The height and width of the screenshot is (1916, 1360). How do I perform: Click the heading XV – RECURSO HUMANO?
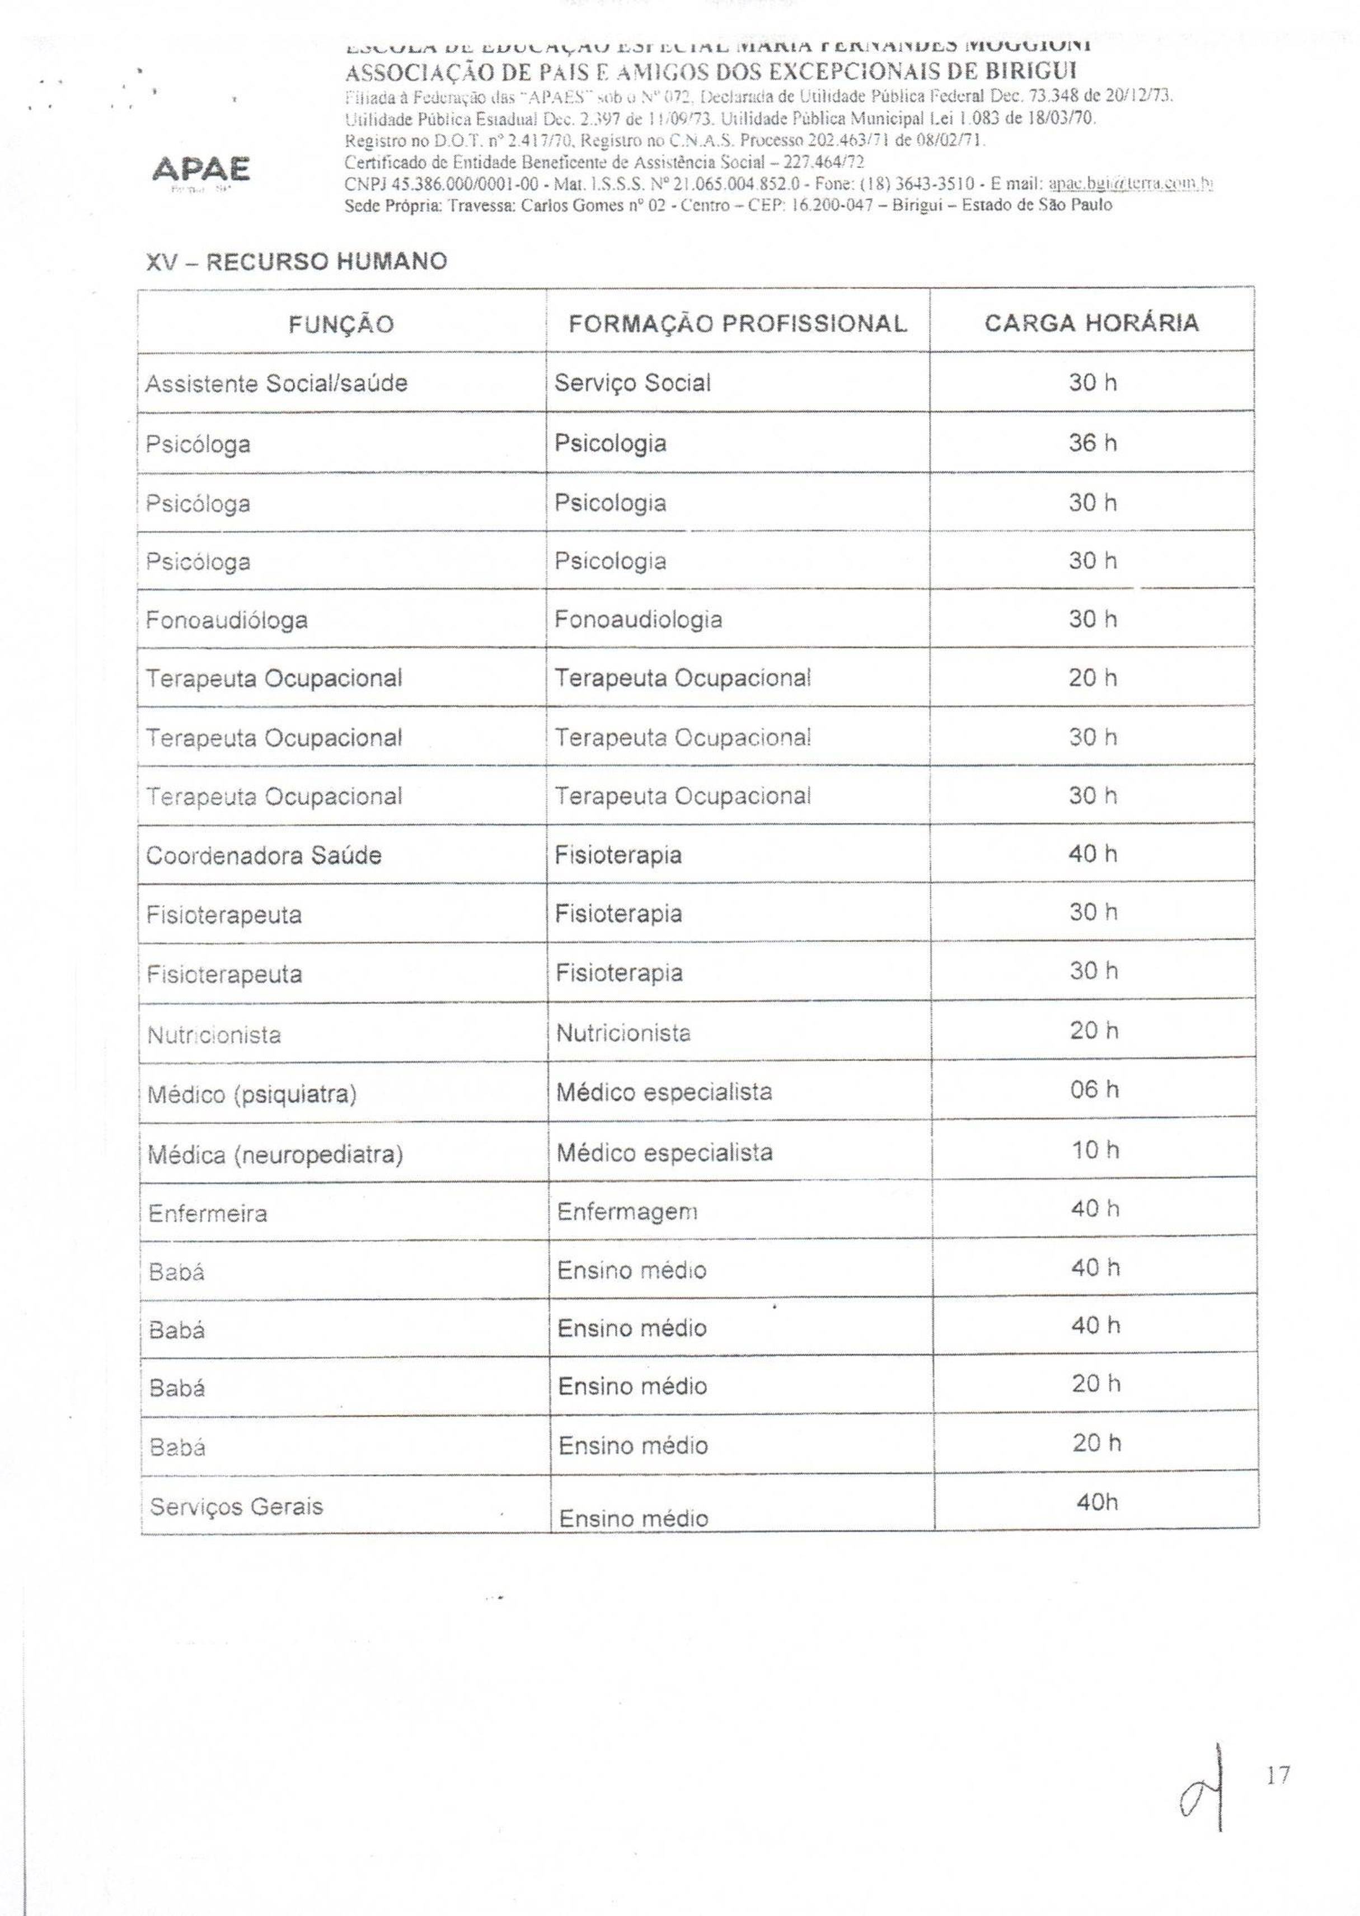[x=297, y=262]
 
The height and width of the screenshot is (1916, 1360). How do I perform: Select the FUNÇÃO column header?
[x=341, y=324]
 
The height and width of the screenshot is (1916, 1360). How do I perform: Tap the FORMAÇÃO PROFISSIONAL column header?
[x=737, y=324]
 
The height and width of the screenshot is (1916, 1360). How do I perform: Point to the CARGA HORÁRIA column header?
[x=1091, y=323]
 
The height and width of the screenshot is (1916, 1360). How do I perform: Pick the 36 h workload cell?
[x=1092, y=443]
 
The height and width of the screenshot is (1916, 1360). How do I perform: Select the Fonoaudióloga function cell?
[x=227, y=621]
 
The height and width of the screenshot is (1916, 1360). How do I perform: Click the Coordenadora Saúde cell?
[x=264, y=856]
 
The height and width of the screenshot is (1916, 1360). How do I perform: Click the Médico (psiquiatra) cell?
[x=252, y=1094]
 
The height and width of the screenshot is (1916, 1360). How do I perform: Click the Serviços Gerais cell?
[x=236, y=1506]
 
